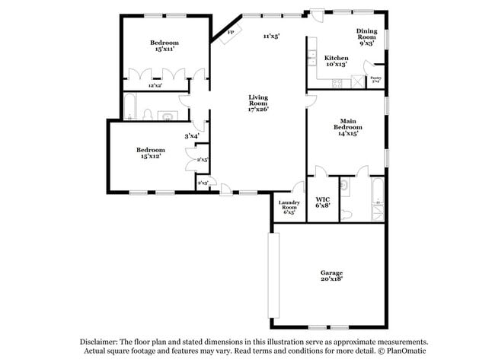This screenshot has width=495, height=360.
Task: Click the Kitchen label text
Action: (336, 59)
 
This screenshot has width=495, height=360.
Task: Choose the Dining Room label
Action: (366, 33)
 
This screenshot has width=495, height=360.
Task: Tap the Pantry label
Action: (375, 78)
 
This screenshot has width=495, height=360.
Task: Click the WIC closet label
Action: (322, 200)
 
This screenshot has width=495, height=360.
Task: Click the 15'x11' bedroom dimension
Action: (164, 49)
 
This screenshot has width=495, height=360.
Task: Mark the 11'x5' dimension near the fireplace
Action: (272, 36)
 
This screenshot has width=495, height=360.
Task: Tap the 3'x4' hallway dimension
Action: (191, 136)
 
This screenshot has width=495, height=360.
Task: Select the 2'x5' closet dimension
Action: (203, 160)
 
